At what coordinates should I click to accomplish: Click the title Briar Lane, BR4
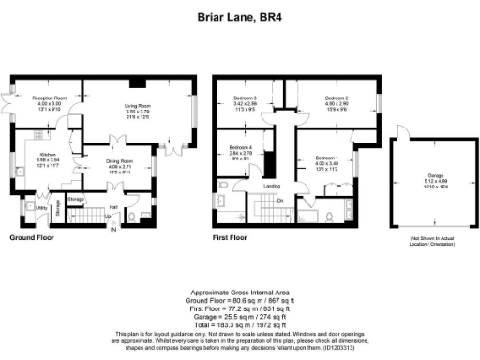(x=240, y=16)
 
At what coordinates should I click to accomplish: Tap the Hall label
(x=112, y=207)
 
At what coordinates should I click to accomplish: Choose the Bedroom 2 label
(x=337, y=97)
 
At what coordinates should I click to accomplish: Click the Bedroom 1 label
(x=325, y=157)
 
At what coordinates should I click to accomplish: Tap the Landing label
(x=273, y=187)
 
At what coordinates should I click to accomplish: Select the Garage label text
(x=435, y=175)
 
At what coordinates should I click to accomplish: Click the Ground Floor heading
(x=30, y=239)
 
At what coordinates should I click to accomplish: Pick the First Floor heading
(x=231, y=239)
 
